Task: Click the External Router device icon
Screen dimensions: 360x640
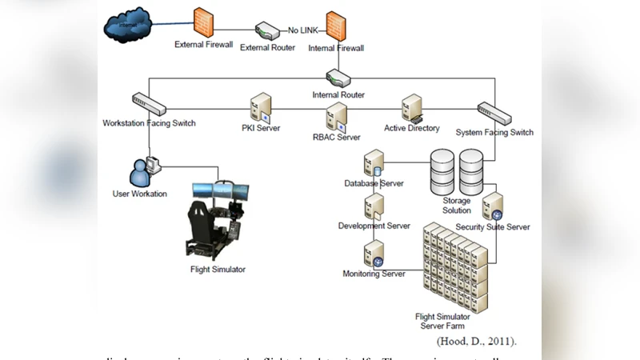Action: click(x=267, y=31)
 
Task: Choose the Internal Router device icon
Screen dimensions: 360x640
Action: click(x=337, y=78)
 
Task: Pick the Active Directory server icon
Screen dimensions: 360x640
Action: click(x=411, y=107)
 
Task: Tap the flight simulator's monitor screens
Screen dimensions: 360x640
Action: click(x=220, y=190)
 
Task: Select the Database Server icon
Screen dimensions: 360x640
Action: click(x=374, y=163)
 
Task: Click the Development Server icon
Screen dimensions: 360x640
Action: click(x=374, y=206)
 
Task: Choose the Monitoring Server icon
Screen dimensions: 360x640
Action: click(x=374, y=254)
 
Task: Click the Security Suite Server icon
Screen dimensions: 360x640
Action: click(x=493, y=206)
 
